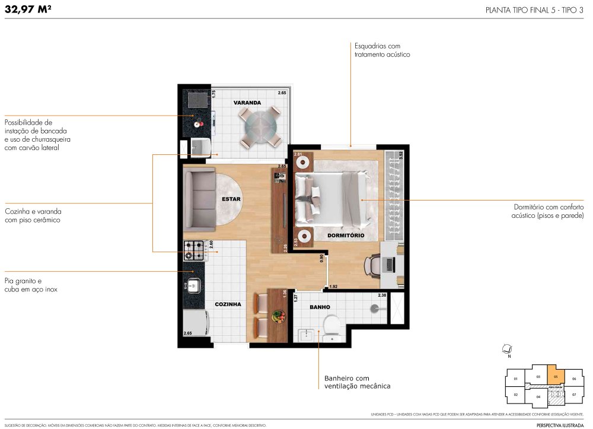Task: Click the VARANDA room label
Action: pyautogui.click(x=247, y=103)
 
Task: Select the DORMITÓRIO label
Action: pyautogui.click(x=346, y=236)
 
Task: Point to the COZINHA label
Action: pyautogui.click(x=228, y=304)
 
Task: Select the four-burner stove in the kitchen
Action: pyautogui.click(x=194, y=250)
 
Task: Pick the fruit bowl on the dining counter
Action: pyautogui.click(x=277, y=317)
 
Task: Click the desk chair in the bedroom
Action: pyautogui.click(x=374, y=265)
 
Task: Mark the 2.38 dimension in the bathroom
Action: pyautogui.click(x=382, y=295)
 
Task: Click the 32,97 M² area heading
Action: pyautogui.click(x=30, y=8)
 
